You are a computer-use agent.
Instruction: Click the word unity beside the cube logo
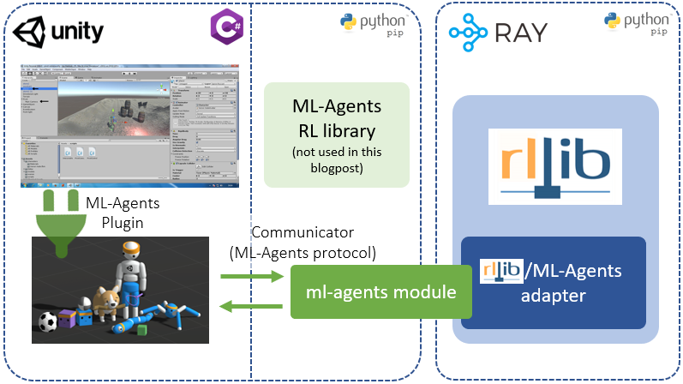pyautogui.click(x=78, y=33)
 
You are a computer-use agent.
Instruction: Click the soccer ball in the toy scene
pyautogui.click(x=46, y=322)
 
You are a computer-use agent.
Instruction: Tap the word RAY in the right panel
pyautogui.click(x=521, y=34)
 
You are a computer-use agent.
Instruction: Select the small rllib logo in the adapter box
pyautogui.click(x=501, y=271)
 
